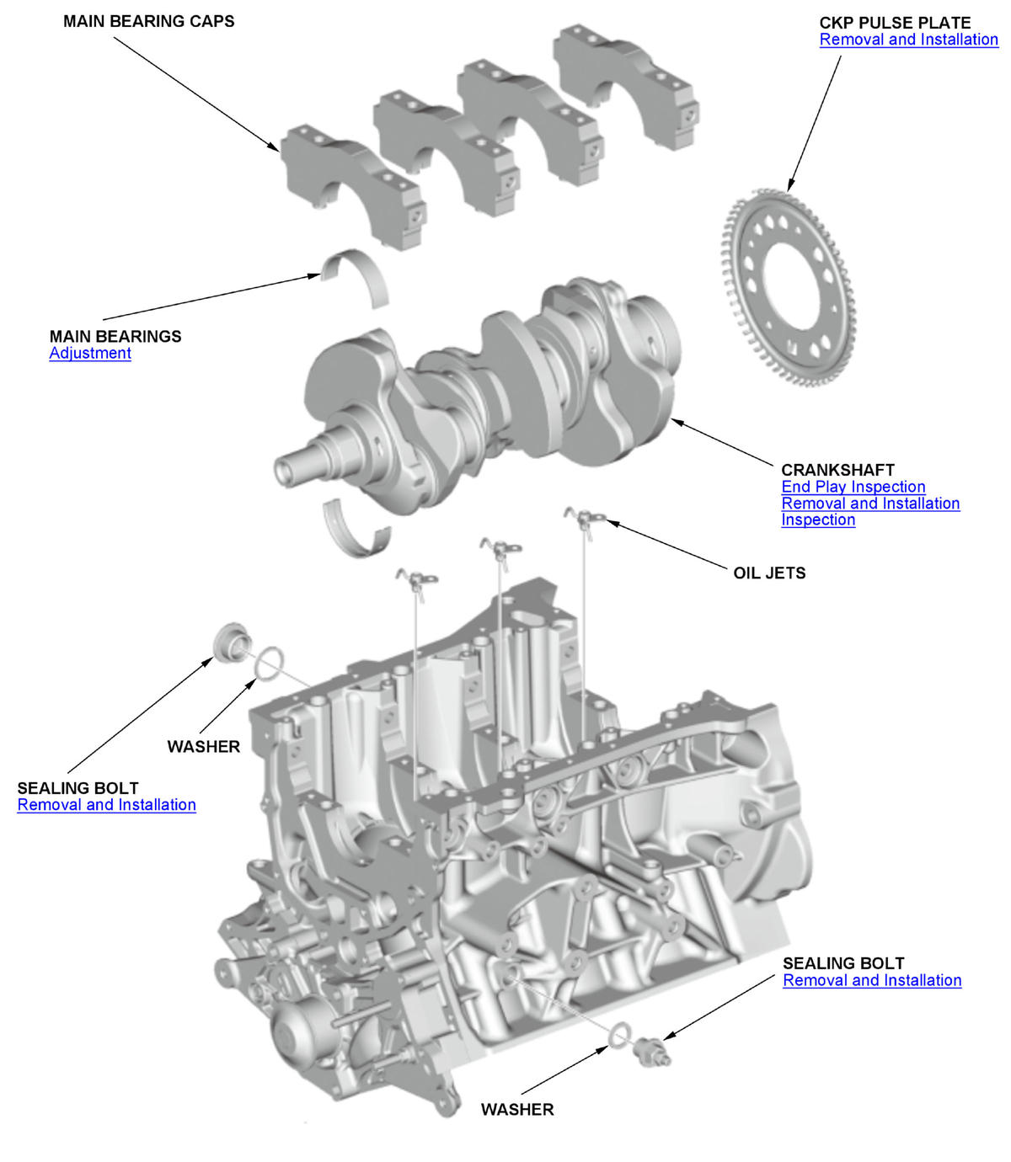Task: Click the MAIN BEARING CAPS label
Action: pos(148,21)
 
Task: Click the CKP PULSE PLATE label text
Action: pos(895,23)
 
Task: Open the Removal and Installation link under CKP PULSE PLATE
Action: pos(908,40)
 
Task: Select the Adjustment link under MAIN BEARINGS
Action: pos(90,354)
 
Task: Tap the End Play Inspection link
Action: pos(853,487)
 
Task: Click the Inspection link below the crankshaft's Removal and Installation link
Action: pos(817,520)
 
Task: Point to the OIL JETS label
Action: pos(769,573)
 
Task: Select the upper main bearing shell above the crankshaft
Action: pos(355,275)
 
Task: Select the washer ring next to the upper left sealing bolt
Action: pos(269,663)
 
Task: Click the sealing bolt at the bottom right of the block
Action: pos(652,1051)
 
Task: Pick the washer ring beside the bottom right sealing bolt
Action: pos(619,1035)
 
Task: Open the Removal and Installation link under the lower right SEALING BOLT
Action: pos(871,981)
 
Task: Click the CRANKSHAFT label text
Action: pos(837,470)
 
